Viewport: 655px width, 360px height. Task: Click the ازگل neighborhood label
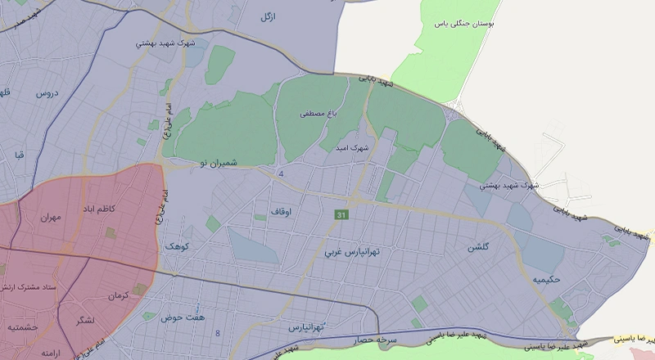pos(267,16)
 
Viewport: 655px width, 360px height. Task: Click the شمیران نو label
pos(217,164)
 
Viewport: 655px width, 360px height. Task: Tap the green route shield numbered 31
pos(340,214)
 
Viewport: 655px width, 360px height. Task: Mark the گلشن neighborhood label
pos(479,247)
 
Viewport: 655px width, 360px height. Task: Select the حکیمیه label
pos(545,280)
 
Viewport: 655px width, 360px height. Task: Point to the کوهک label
pos(176,245)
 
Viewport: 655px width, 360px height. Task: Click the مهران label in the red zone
pos(49,219)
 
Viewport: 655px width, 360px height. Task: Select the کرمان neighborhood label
pos(119,295)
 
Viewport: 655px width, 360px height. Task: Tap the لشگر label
pos(83,319)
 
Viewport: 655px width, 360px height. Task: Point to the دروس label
pos(47,95)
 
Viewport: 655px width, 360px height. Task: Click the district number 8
pos(218,332)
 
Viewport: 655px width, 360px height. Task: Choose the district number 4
pos(281,174)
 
